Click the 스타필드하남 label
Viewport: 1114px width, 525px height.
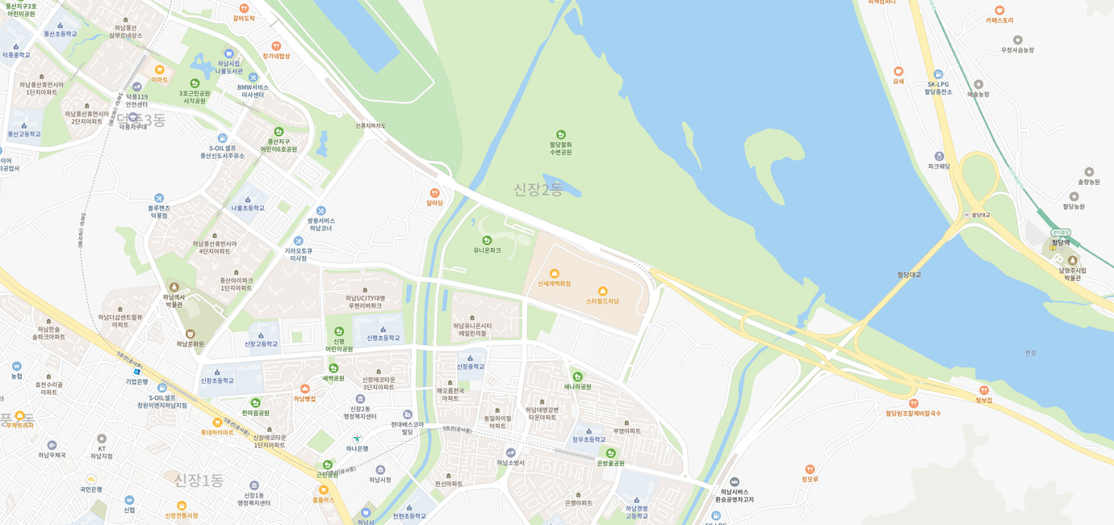pos(602,301)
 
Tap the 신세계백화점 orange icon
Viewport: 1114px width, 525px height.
pos(555,274)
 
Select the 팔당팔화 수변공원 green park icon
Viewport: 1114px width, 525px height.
pos(561,135)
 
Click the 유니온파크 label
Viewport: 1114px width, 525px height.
pos(487,250)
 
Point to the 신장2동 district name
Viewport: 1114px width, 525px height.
pos(538,190)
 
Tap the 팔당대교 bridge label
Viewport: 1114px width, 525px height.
pos(909,275)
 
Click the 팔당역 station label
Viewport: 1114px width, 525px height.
pos(1060,242)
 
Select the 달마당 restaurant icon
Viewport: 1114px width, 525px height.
pos(434,193)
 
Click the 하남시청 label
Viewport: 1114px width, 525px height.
pos(380,480)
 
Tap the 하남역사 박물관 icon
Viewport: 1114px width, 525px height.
pos(174,287)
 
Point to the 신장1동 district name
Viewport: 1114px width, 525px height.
pos(199,481)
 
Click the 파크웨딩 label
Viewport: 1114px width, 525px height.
pos(939,166)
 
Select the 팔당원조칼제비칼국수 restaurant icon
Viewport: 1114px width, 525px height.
pos(913,403)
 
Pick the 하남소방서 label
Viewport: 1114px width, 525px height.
pos(510,463)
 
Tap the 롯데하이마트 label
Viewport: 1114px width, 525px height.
pos(217,432)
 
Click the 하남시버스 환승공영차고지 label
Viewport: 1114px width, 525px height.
pos(734,495)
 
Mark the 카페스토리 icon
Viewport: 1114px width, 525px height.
pos(999,10)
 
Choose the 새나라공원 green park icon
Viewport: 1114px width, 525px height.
pos(577,376)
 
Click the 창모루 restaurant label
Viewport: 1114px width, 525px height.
pos(810,479)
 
